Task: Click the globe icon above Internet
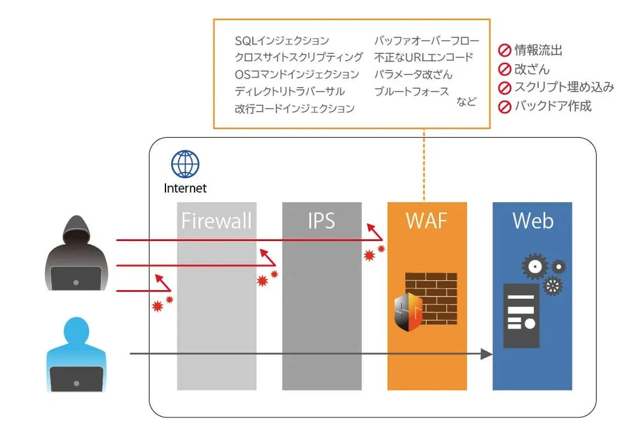pyautogui.click(x=184, y=164)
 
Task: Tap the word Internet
pyautogui.click(x=185, y=188)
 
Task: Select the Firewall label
pyautogui.click(x=216, y=221)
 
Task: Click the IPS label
pyautogui.click(x=321, y=221)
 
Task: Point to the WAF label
pyautogui.click(x=427, y=221)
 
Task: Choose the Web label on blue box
pyautogui.click(x=532, y=221)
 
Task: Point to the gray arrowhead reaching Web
pyautogui.click(x=486, y=354)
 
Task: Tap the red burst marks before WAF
pyautogui.click(x=373, y=253)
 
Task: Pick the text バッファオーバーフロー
pyautogui.click(x=426, y=41)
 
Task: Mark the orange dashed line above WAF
pyautogui.click(x=423, y=165)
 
